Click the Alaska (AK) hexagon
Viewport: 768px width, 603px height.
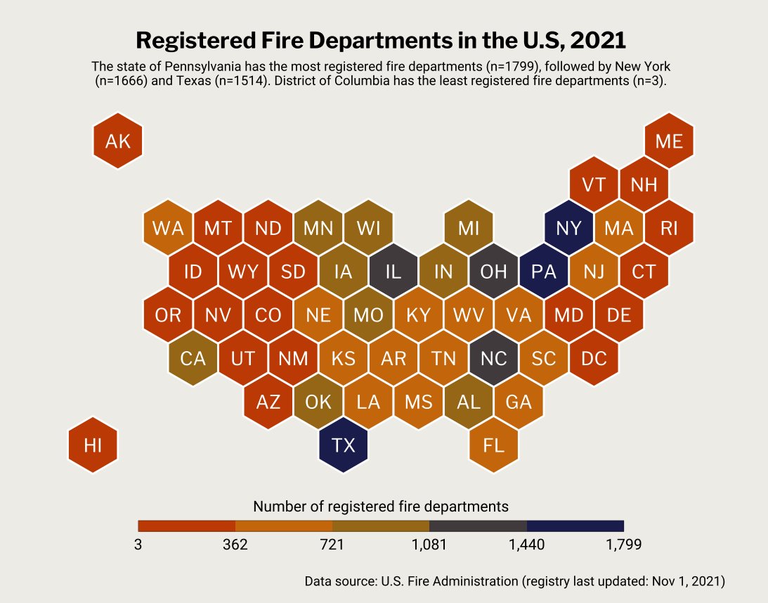(x=117, y=141)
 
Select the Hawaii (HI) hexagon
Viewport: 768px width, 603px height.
(x=93, y=445)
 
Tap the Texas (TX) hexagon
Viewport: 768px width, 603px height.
(x=343, y=445)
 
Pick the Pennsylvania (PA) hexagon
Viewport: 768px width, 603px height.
(x=544, y=272)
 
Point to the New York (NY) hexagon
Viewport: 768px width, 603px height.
(x=568, y=229)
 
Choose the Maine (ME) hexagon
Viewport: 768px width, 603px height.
(x=669, y=141)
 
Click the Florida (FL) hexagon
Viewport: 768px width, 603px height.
(x=494, y=445)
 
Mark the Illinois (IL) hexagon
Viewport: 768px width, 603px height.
(x=393, y=272)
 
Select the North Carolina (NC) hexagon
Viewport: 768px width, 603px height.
(x=494, y=359)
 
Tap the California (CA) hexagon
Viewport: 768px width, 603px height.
(x=193, y=359)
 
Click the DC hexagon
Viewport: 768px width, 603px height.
(x=594, y=359)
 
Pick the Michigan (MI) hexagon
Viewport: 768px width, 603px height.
(x=469, y=229)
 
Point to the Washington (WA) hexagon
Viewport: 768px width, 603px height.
(x=168, y=229)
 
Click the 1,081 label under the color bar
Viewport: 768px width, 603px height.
(x=429, y=545)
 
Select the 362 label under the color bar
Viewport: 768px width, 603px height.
(x=235, y=545)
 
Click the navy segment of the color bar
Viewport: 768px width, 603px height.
(x=575, y=526)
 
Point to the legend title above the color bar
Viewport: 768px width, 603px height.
(x=380, y=506)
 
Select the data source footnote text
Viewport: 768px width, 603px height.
(x=514, y=582)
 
